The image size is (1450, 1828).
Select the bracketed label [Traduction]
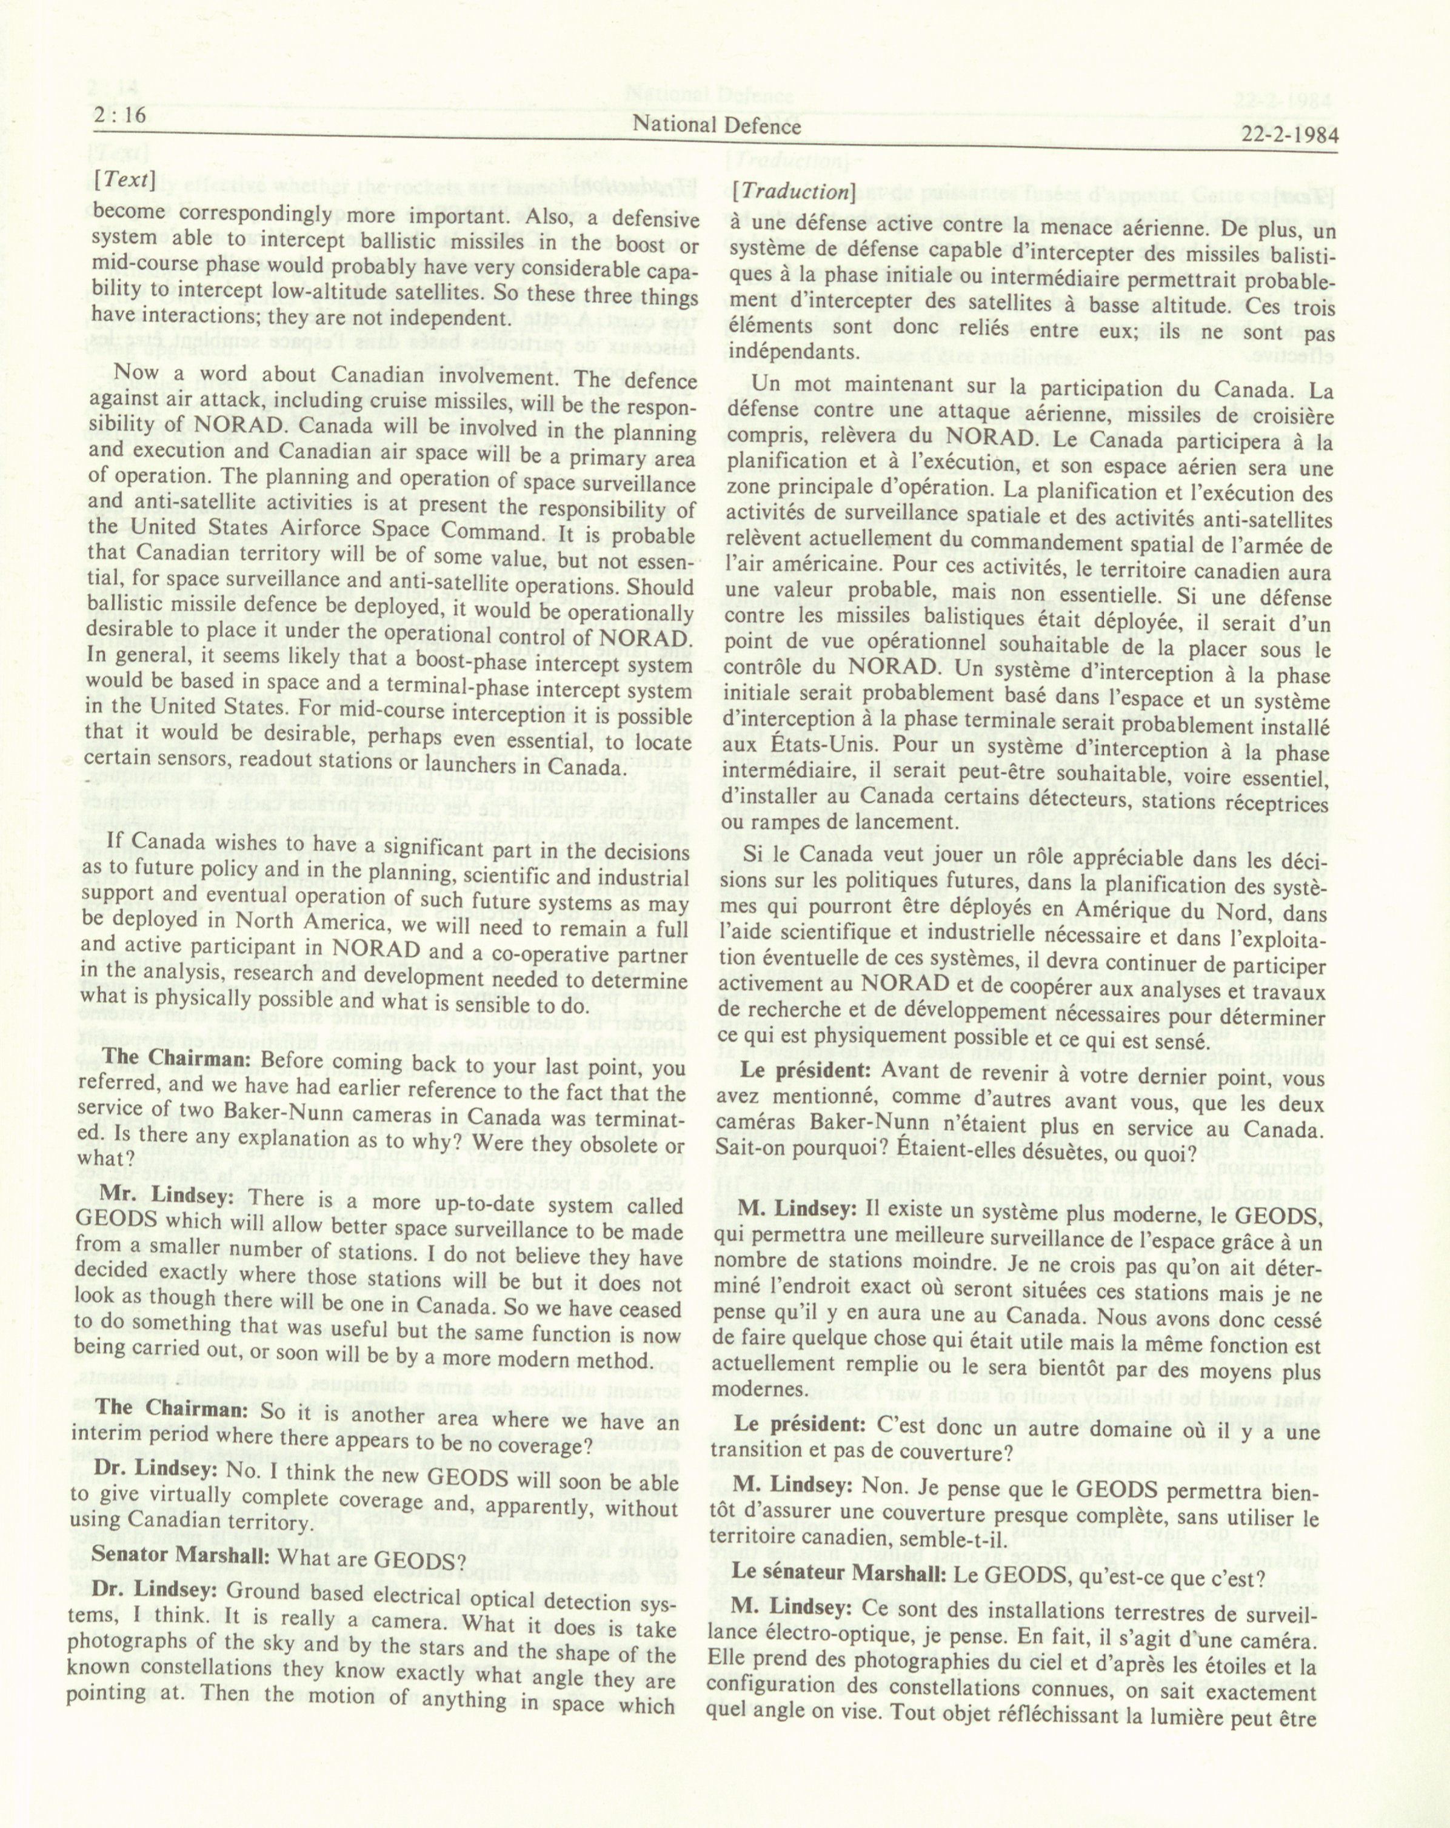point(793,191)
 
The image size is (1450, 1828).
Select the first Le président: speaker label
point(806,1071)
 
